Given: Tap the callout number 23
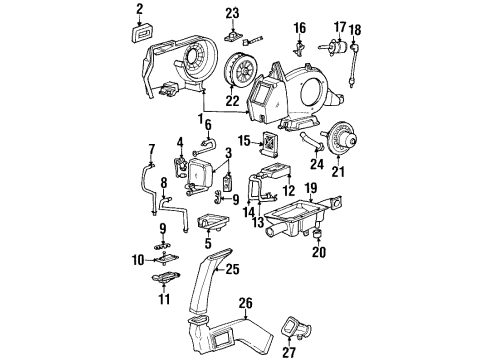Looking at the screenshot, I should click(232, 12).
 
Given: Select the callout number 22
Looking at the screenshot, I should click(232, 101).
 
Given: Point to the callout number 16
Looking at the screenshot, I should click(299, 27).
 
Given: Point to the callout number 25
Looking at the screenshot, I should click(231, 268).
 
